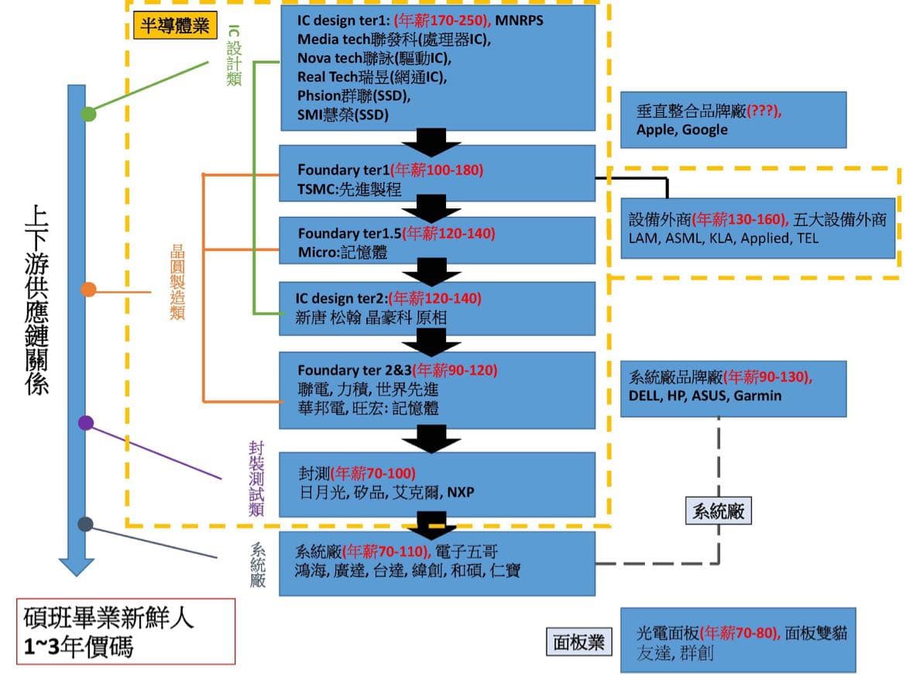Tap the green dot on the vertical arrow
(x=89, y=114)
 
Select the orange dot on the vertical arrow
(x=88, y=290)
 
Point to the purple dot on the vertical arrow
(x=86, y=423)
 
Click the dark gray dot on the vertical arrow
(x=86, y=524)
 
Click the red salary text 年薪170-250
(x=441, y=20)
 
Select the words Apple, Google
(x=681, y=129)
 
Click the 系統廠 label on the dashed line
(x=719, y=511)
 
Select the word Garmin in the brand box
(x=757, y=396)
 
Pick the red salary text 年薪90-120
(x=455, y=370)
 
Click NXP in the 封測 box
(x=460, y=492)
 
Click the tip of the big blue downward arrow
(x=76, y=574)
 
